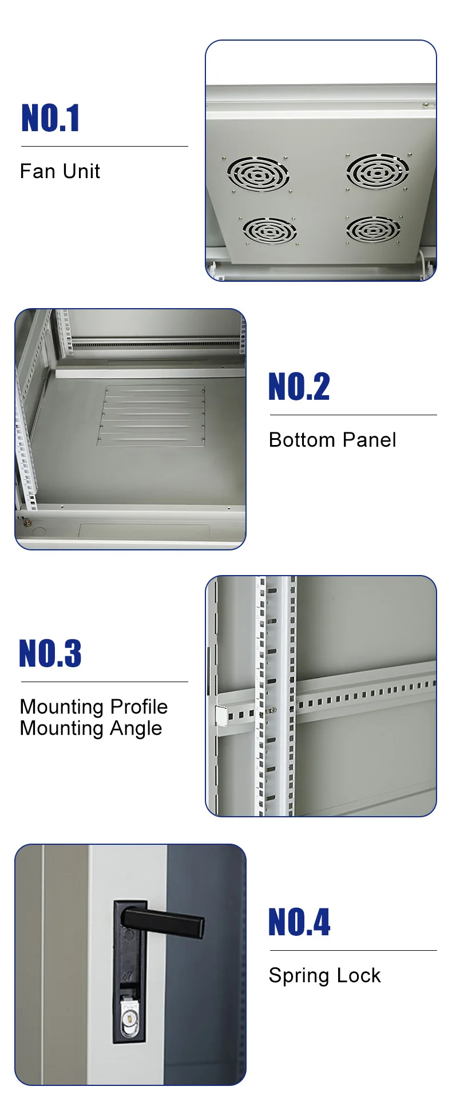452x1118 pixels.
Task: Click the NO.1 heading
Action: pyautogui.click(x=50, y=119)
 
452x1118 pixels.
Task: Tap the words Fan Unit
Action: pyautogui.click(x=60, y=171)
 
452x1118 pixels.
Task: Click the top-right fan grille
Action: pyautogui.click(x=377, y=171)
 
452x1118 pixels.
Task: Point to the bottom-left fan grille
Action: pyautogui.click(x=269, y=231)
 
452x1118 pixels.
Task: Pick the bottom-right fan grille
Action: pyautogui.click(x=373, y=230)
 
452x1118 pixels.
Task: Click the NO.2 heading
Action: pyautogui.click(x=299, y=387)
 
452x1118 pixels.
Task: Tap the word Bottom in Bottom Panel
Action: pyautogui.click(x=302, y=440)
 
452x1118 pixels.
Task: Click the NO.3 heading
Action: pyautogui.click(x=50, y=654)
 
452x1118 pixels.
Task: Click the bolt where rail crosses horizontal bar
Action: pyautogui.click(x=271, y=710)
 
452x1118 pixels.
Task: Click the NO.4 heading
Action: pyautogui.click(x=299, y=922)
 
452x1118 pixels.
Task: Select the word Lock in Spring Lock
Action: pyautogui.click(x=358, y=975)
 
